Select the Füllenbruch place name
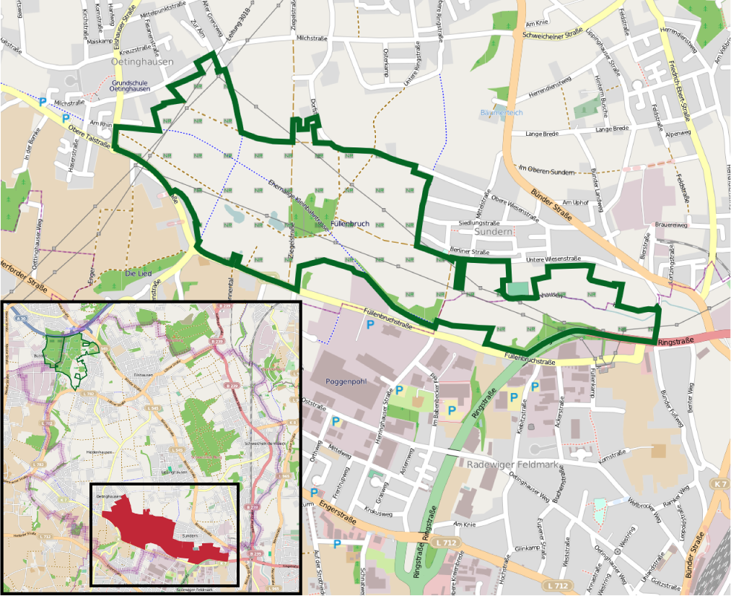point(349,224)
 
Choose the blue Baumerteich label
point(502,113)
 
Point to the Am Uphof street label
point(576,203)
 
